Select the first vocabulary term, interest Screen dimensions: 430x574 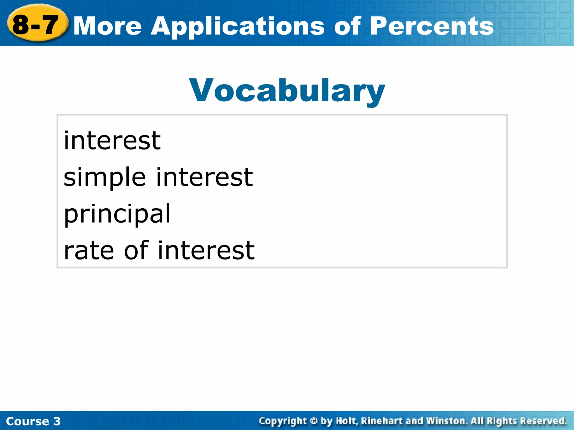112,141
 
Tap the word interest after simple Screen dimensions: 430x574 205,177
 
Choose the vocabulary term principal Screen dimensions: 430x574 117,214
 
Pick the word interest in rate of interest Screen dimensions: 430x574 206,250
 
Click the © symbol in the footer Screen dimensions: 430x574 314,421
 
